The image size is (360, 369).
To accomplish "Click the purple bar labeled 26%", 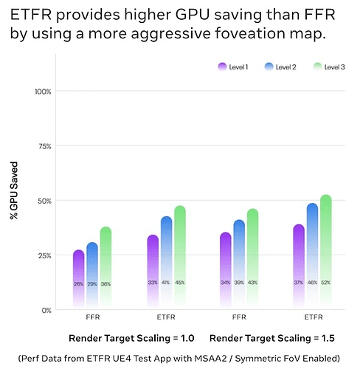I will point(78,277).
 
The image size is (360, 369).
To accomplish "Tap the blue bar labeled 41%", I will point(166,262).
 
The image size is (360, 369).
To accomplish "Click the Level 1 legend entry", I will point(234,67).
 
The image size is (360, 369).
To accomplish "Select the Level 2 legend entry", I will point(278,67).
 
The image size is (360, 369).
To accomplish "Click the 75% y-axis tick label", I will point(44,146).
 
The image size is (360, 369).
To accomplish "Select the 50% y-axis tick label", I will point(44,201).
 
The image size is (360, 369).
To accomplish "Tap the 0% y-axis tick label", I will point(46,310).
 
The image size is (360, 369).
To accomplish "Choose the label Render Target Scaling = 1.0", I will point(131,339).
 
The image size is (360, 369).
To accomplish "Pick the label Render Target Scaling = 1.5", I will point(272,339).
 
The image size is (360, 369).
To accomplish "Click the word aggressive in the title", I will point(198,34).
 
